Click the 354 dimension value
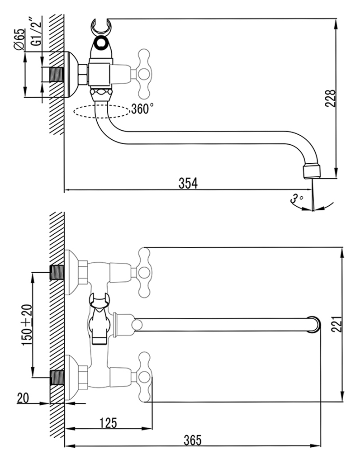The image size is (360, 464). pyautogui.click(x=188, y=183)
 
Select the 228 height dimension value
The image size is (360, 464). pyautogui.click(x=330, y=98)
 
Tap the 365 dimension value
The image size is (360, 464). pyautogui.click(x=192, y=440)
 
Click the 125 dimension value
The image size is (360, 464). pyautogui.click(x=109, y=423)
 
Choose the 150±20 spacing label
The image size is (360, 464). pyautogui.click(x=27, y=324)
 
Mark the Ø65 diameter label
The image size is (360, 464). pyautogui.click(x=19, y=40)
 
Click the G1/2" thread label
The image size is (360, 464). pyautogui.click(x=37, y=30)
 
